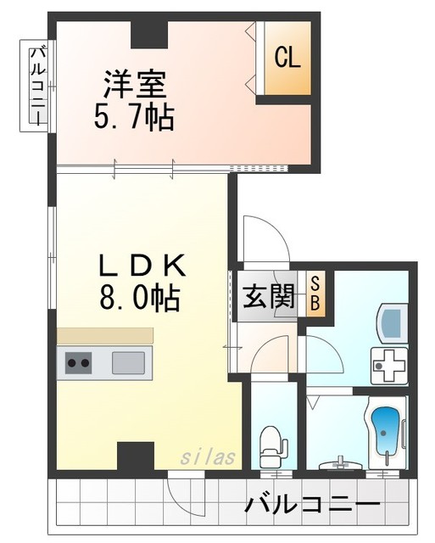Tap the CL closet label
tap(287, 59)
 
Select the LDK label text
tap(142, 266)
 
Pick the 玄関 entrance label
tap(270, 296)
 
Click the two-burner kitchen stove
tap(79, 363)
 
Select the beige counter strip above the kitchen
tap(105, 336)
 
